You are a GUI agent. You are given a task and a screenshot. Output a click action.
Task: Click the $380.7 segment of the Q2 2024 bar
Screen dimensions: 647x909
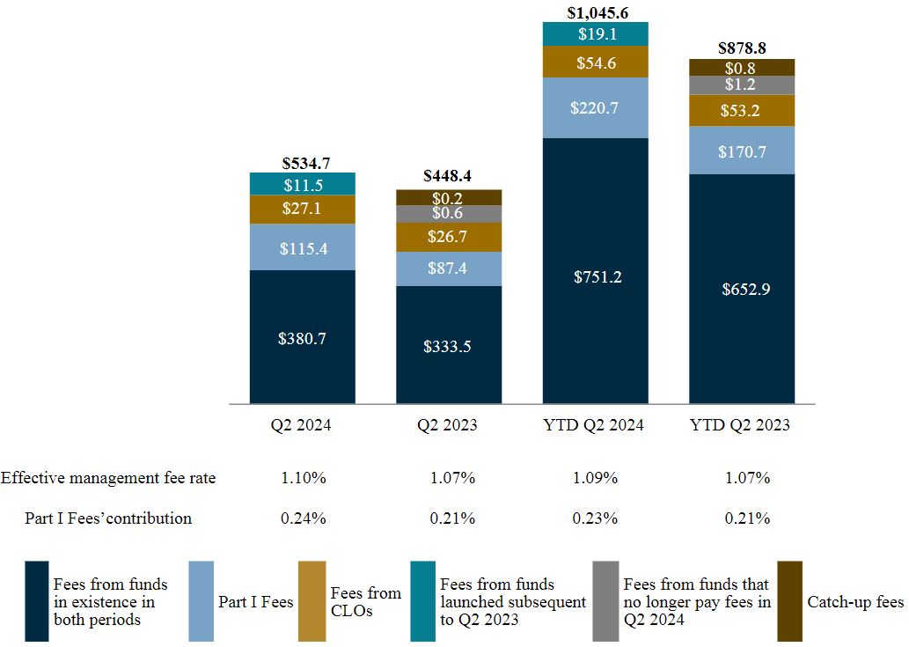click(x=302, y=337)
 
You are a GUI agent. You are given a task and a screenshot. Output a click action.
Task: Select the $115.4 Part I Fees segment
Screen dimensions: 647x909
click(x=302, y=247)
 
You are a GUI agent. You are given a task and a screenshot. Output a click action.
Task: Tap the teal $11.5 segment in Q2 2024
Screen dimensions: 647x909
click(x=302, y=184)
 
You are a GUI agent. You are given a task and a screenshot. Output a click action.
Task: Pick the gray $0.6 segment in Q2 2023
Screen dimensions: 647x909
click(x=448, y=214)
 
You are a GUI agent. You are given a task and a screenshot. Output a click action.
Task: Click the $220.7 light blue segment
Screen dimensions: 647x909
click(x=595, y=108)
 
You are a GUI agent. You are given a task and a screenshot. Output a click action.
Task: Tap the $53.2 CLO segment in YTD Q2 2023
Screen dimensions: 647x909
click(x=742, y=110)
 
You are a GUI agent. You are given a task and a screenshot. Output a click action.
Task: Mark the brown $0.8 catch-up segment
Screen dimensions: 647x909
click(x=742, y=67)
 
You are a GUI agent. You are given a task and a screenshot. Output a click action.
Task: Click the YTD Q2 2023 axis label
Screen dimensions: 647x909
click(x=742, y=425)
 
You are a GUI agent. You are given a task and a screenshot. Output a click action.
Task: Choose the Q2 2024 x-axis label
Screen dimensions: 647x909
click(x=302, y=425)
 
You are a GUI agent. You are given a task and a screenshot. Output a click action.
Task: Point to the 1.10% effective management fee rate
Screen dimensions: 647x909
click(x=302, y=478)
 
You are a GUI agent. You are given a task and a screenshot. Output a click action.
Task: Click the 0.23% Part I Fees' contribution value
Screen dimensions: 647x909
click(x=595, y=518)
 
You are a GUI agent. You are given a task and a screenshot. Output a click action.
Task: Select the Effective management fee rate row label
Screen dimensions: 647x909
click(x=108, y=478)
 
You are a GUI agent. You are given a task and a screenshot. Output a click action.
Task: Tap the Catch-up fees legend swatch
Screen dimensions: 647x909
click(x=789, y=601)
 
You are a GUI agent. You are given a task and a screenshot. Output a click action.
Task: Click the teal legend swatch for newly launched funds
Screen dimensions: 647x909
click(x=422, y=601)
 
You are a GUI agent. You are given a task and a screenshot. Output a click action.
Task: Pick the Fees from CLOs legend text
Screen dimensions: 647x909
click(x=365, y=601)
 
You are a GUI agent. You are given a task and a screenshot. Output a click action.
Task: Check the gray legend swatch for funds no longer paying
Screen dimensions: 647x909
click(x=605, y=601)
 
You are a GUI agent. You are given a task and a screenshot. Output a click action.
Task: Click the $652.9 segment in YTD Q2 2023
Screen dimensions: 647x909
click(x=742, y=289)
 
